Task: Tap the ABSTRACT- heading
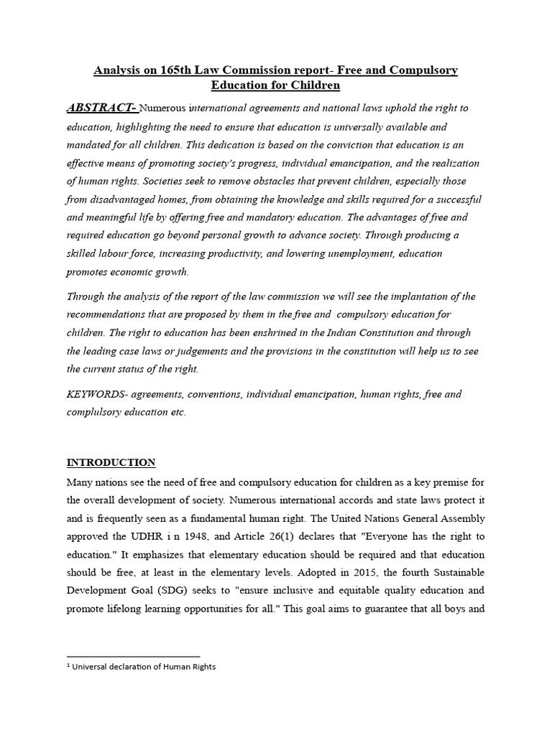tap(101, 108)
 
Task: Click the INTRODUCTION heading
tap(111, 462)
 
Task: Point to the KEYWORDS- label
tap(92, 394)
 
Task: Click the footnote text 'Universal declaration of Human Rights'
tap(144, 667)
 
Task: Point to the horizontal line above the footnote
tap(133, 656)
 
